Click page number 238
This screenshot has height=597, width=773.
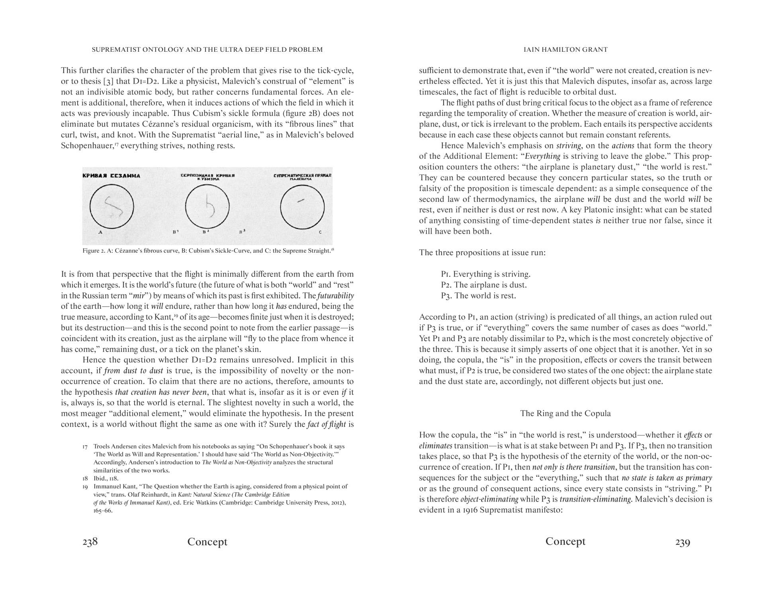(x=90, y=542)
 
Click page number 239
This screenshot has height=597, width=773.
(x=682, y=542)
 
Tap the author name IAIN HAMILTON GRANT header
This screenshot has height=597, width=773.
(x=565, y=50)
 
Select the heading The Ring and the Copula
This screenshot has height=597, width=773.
(x=565, y=413)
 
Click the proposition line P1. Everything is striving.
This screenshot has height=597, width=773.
(x=485, y=274)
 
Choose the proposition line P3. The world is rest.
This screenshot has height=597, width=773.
(x=478, y=295)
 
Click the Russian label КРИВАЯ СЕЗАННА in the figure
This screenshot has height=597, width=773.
(x=111, y=176)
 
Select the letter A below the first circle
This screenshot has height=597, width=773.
(x=100, y=232)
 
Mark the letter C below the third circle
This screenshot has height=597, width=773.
(x=320, y=232)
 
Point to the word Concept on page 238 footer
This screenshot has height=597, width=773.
(x=207, y=542)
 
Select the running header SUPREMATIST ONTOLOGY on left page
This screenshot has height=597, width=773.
(x=207, y=50)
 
